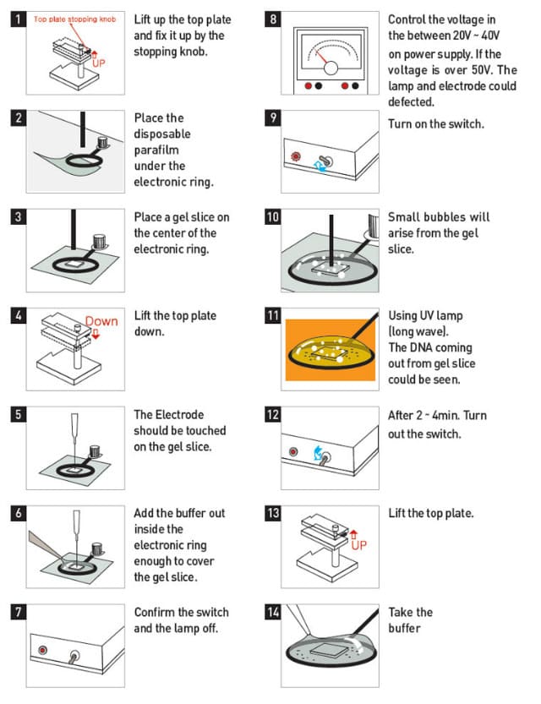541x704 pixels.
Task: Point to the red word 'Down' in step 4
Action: (101, 321)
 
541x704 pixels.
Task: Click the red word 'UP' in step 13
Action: (358, 544)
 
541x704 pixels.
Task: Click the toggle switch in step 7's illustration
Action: (74, 655)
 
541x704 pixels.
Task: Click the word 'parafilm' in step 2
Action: (159, 150)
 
